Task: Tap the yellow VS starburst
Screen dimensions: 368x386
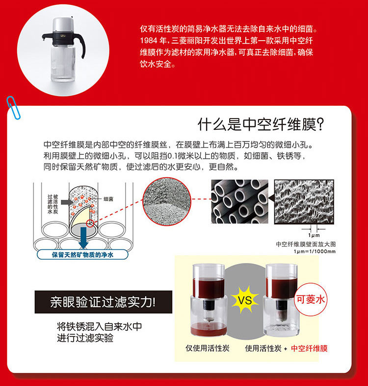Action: tap(245, 299)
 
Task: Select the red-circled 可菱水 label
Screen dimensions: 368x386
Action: tap(311, 299)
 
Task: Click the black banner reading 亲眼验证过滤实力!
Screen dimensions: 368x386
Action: tap(104, 302)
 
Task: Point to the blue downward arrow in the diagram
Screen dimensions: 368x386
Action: tap(83, 238)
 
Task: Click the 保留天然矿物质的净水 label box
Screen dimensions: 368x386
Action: tap(82, 255)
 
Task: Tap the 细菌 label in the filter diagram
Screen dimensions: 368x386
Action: tap(108, 199)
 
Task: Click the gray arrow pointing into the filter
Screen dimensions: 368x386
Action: tap(67, 202)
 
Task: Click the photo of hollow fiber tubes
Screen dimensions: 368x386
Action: tap(239, 202)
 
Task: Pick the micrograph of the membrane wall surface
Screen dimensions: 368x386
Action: tap(304, 202)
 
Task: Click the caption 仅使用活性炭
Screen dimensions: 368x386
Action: tap(208, 348)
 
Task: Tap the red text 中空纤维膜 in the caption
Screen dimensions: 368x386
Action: tap(309, 348)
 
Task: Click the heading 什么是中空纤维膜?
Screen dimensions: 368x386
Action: tap(261, 124)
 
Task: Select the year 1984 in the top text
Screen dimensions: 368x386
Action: tap(149, 40)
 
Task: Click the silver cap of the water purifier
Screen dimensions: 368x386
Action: tap(62, 25)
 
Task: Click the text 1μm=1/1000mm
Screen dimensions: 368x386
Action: tap(315, 251)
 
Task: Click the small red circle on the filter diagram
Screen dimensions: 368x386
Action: tap(90, 223)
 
